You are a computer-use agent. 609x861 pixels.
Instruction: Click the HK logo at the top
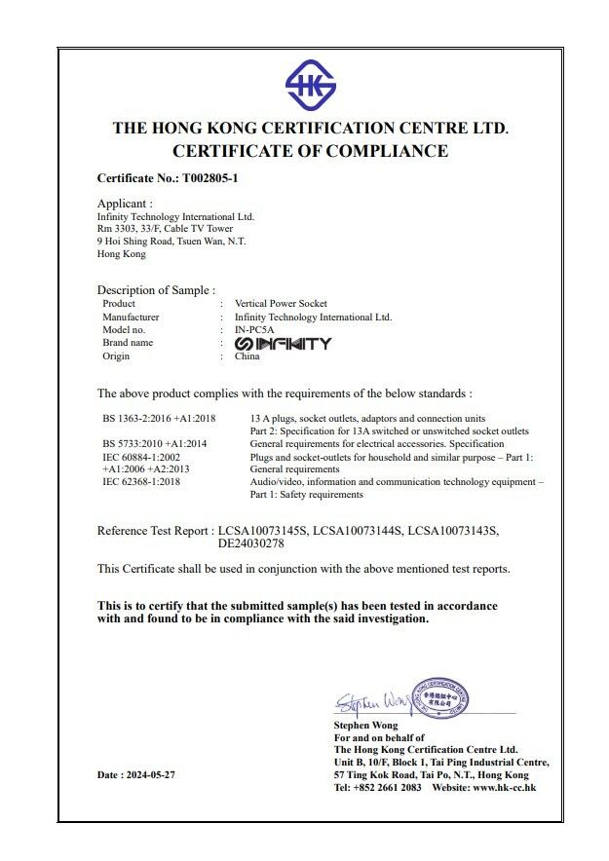pos(310,86)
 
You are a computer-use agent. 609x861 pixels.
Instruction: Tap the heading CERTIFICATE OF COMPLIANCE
pos(310,151)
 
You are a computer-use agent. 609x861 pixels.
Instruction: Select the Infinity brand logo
pos(283,344)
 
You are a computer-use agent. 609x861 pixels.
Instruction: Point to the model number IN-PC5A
pos(255,330)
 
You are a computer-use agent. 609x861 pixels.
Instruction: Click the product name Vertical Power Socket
pos(281,304)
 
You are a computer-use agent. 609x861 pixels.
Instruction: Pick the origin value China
pos(247,356)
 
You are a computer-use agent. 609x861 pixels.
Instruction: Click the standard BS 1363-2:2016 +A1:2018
pos(159,418)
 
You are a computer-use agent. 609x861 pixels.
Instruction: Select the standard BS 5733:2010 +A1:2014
pos(155,443)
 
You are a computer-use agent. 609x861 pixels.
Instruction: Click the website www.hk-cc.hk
pos(504,787)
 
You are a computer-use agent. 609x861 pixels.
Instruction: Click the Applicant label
pos(125,204)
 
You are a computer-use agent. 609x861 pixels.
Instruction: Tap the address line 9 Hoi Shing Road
pos(171,241)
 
